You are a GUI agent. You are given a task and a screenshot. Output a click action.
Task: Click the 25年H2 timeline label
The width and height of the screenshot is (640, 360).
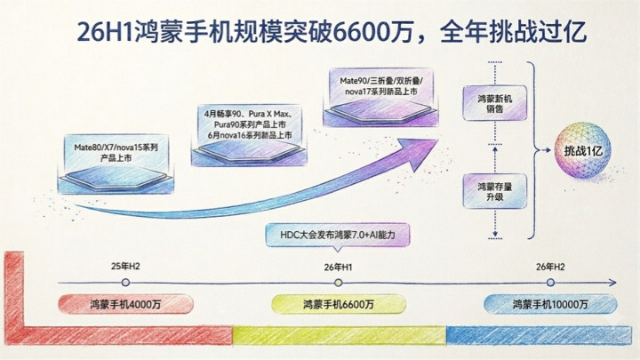125,267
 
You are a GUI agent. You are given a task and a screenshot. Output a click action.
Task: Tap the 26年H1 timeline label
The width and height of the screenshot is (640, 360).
338,268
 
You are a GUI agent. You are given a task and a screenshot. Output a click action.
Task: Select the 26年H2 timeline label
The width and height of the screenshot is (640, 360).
550,267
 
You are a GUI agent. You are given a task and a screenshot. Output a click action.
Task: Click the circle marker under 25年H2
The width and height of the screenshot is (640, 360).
125,282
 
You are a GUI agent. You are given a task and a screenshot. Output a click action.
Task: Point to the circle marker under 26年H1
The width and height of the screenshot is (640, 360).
338,283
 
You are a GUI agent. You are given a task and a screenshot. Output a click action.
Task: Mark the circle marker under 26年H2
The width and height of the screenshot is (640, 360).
550,282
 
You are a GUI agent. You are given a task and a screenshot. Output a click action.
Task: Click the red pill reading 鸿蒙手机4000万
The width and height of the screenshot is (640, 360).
125,304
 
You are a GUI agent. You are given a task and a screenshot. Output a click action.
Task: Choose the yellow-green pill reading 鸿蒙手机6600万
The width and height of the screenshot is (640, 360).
339,305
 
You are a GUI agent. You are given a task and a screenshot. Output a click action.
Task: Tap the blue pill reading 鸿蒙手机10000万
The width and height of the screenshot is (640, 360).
550,304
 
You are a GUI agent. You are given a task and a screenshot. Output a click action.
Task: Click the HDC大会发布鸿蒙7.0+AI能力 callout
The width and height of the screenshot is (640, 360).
338,236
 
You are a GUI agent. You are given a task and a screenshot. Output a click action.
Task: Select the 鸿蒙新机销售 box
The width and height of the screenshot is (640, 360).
495,104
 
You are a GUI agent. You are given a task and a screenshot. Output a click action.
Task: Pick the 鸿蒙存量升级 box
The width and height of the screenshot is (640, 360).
495,191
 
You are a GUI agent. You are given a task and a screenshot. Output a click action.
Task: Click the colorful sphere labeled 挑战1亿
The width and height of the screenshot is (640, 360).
583,150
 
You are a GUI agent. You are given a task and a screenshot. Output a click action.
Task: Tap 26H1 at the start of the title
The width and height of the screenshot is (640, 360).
105,32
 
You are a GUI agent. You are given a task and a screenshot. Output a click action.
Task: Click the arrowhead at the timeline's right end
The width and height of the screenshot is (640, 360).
612,283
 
